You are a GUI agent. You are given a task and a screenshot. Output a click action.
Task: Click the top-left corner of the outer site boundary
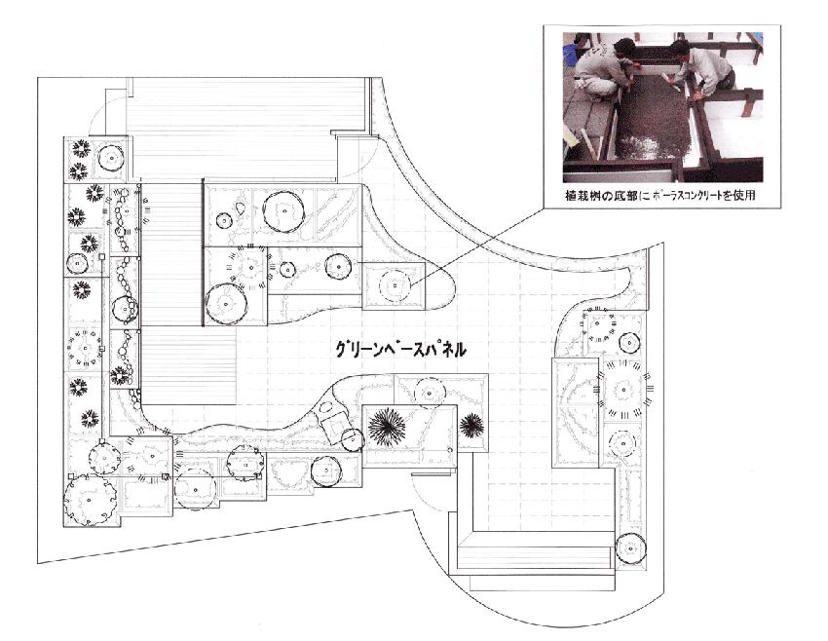pyautogui.click(x=37, y=78)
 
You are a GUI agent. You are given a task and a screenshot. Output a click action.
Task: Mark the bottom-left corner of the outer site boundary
pyautogui.click(x=37, y=563)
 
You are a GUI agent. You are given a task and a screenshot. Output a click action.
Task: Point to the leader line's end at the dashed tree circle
pyautogui.click(x=410, y=286)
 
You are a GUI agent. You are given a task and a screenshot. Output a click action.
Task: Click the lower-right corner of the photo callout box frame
pyautogui.click(x=780, y=208)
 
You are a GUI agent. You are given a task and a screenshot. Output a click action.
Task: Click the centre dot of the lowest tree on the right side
pyautogui.click(x=630, y=549)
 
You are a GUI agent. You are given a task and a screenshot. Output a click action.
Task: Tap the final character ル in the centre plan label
pyautogui.click(x=459, y=350)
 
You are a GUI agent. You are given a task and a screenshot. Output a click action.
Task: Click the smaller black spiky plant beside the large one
pyautogui.click(x=471, y=426)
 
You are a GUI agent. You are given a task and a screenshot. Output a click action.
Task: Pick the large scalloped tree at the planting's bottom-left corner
pyautogui.click(x=91, y=500)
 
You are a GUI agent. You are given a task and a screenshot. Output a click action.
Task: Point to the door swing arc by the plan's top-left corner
pyautogui.click(x=104, y=115)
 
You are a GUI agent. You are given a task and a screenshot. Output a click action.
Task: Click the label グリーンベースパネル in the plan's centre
pyautogui.click(x=400, y=350)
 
